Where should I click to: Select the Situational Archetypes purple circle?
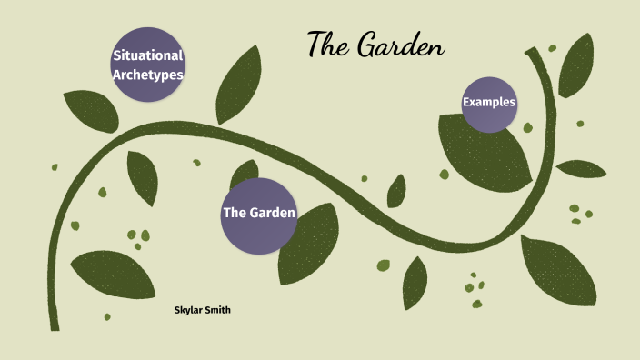click(x=148, y=65)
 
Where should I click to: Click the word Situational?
click(x=148, y=55)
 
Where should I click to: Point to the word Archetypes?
click(x=148, y=75)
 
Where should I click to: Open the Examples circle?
click(x=489, y=104)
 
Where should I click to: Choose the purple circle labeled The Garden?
click(x=259, y=214)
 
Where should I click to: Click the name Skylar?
click(x=190, y=311)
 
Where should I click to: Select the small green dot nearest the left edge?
click(x=55, y=167)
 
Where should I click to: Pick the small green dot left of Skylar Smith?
click(x=107, y=316)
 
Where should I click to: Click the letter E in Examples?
click(x=466, y=103)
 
